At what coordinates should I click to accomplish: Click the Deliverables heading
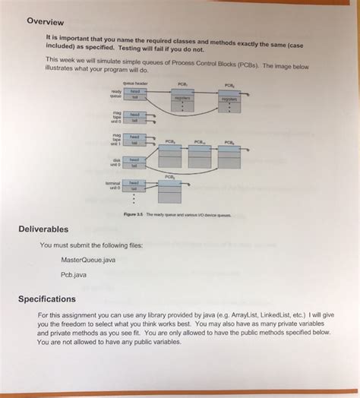click(x=44, y=229)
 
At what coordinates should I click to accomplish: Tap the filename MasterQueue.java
click(x=93, y=259)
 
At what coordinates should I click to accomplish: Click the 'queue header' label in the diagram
click(x=135, y=83)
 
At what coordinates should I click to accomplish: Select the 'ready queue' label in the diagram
click(x=116, y=94)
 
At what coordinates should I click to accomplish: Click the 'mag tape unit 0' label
click(x=116, y=117)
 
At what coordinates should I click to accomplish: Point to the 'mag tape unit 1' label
click(x=116, y=140)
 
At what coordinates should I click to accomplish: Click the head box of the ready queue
click(x=134, y=90)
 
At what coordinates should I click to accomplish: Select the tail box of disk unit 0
click(x=134, y=166)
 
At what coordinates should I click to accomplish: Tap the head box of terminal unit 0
click(x=134, y=182)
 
